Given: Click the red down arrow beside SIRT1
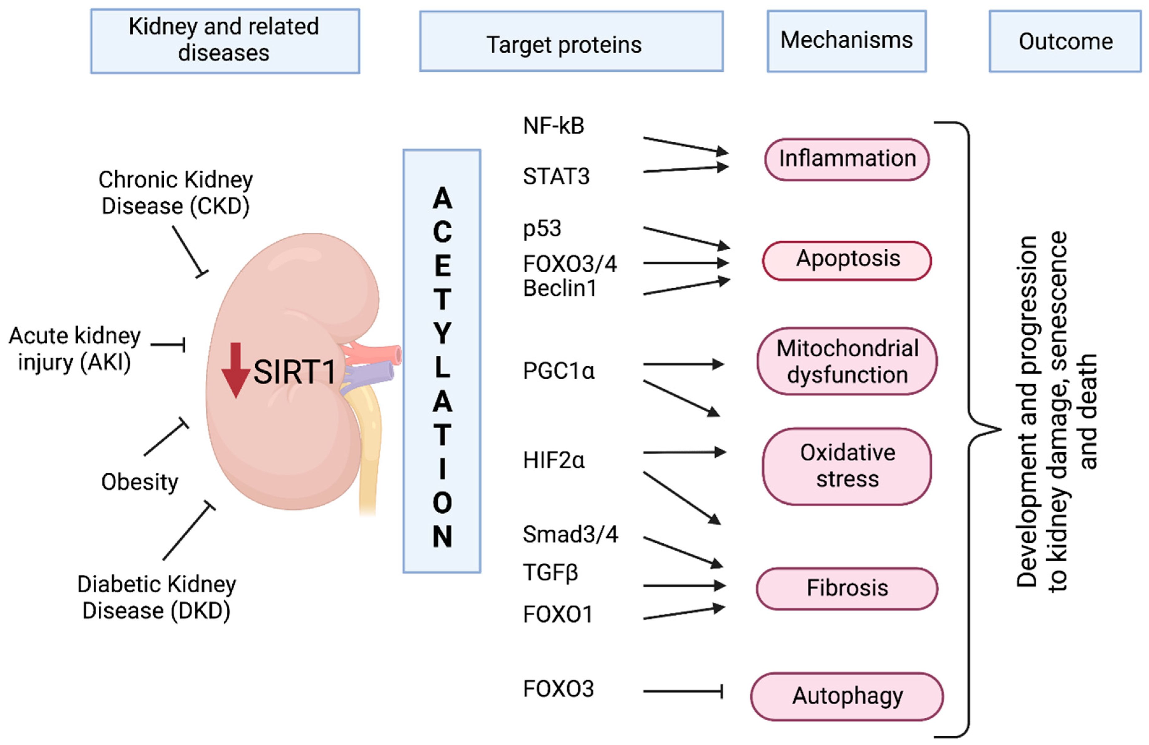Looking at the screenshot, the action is (x=236, y=370).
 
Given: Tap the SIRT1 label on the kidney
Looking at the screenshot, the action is (x=295, y=372).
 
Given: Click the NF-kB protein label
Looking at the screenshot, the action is (x=554, y=126).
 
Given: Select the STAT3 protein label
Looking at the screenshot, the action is (x=556, y=176).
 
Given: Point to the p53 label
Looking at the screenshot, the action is (x=542, y=228).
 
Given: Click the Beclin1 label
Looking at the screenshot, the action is (x=560, y=288).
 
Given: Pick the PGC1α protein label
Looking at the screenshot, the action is (x=559, y=371).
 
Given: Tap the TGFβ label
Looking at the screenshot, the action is (x=550, y=573).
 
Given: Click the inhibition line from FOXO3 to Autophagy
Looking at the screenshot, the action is (x=683, y=691).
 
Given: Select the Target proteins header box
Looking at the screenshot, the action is (x=571, y=41).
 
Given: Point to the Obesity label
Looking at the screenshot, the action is (x=140, y=482).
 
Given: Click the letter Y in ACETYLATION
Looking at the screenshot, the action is (x=442, y=334).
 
